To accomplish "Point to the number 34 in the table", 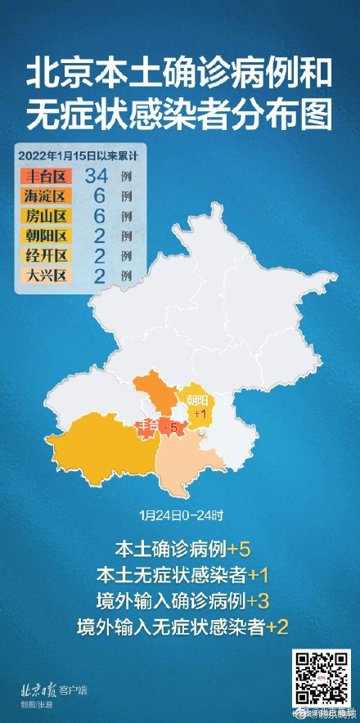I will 96,176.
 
